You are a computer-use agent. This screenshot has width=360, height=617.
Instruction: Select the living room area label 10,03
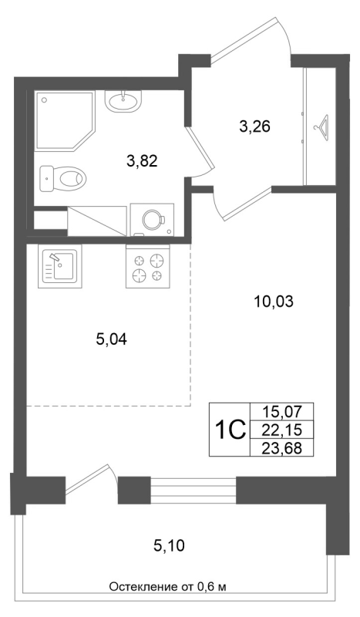(x=274, y=302)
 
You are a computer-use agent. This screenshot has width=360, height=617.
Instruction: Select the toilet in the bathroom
(x=63, y=178)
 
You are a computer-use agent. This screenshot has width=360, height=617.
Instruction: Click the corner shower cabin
(x=63, y=120)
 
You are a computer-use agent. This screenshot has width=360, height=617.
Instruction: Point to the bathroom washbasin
(x=123, y=100)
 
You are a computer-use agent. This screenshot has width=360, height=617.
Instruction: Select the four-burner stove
(x=148, y=267)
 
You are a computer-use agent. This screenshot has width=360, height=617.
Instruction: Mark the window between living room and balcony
(x=193, y=490)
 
